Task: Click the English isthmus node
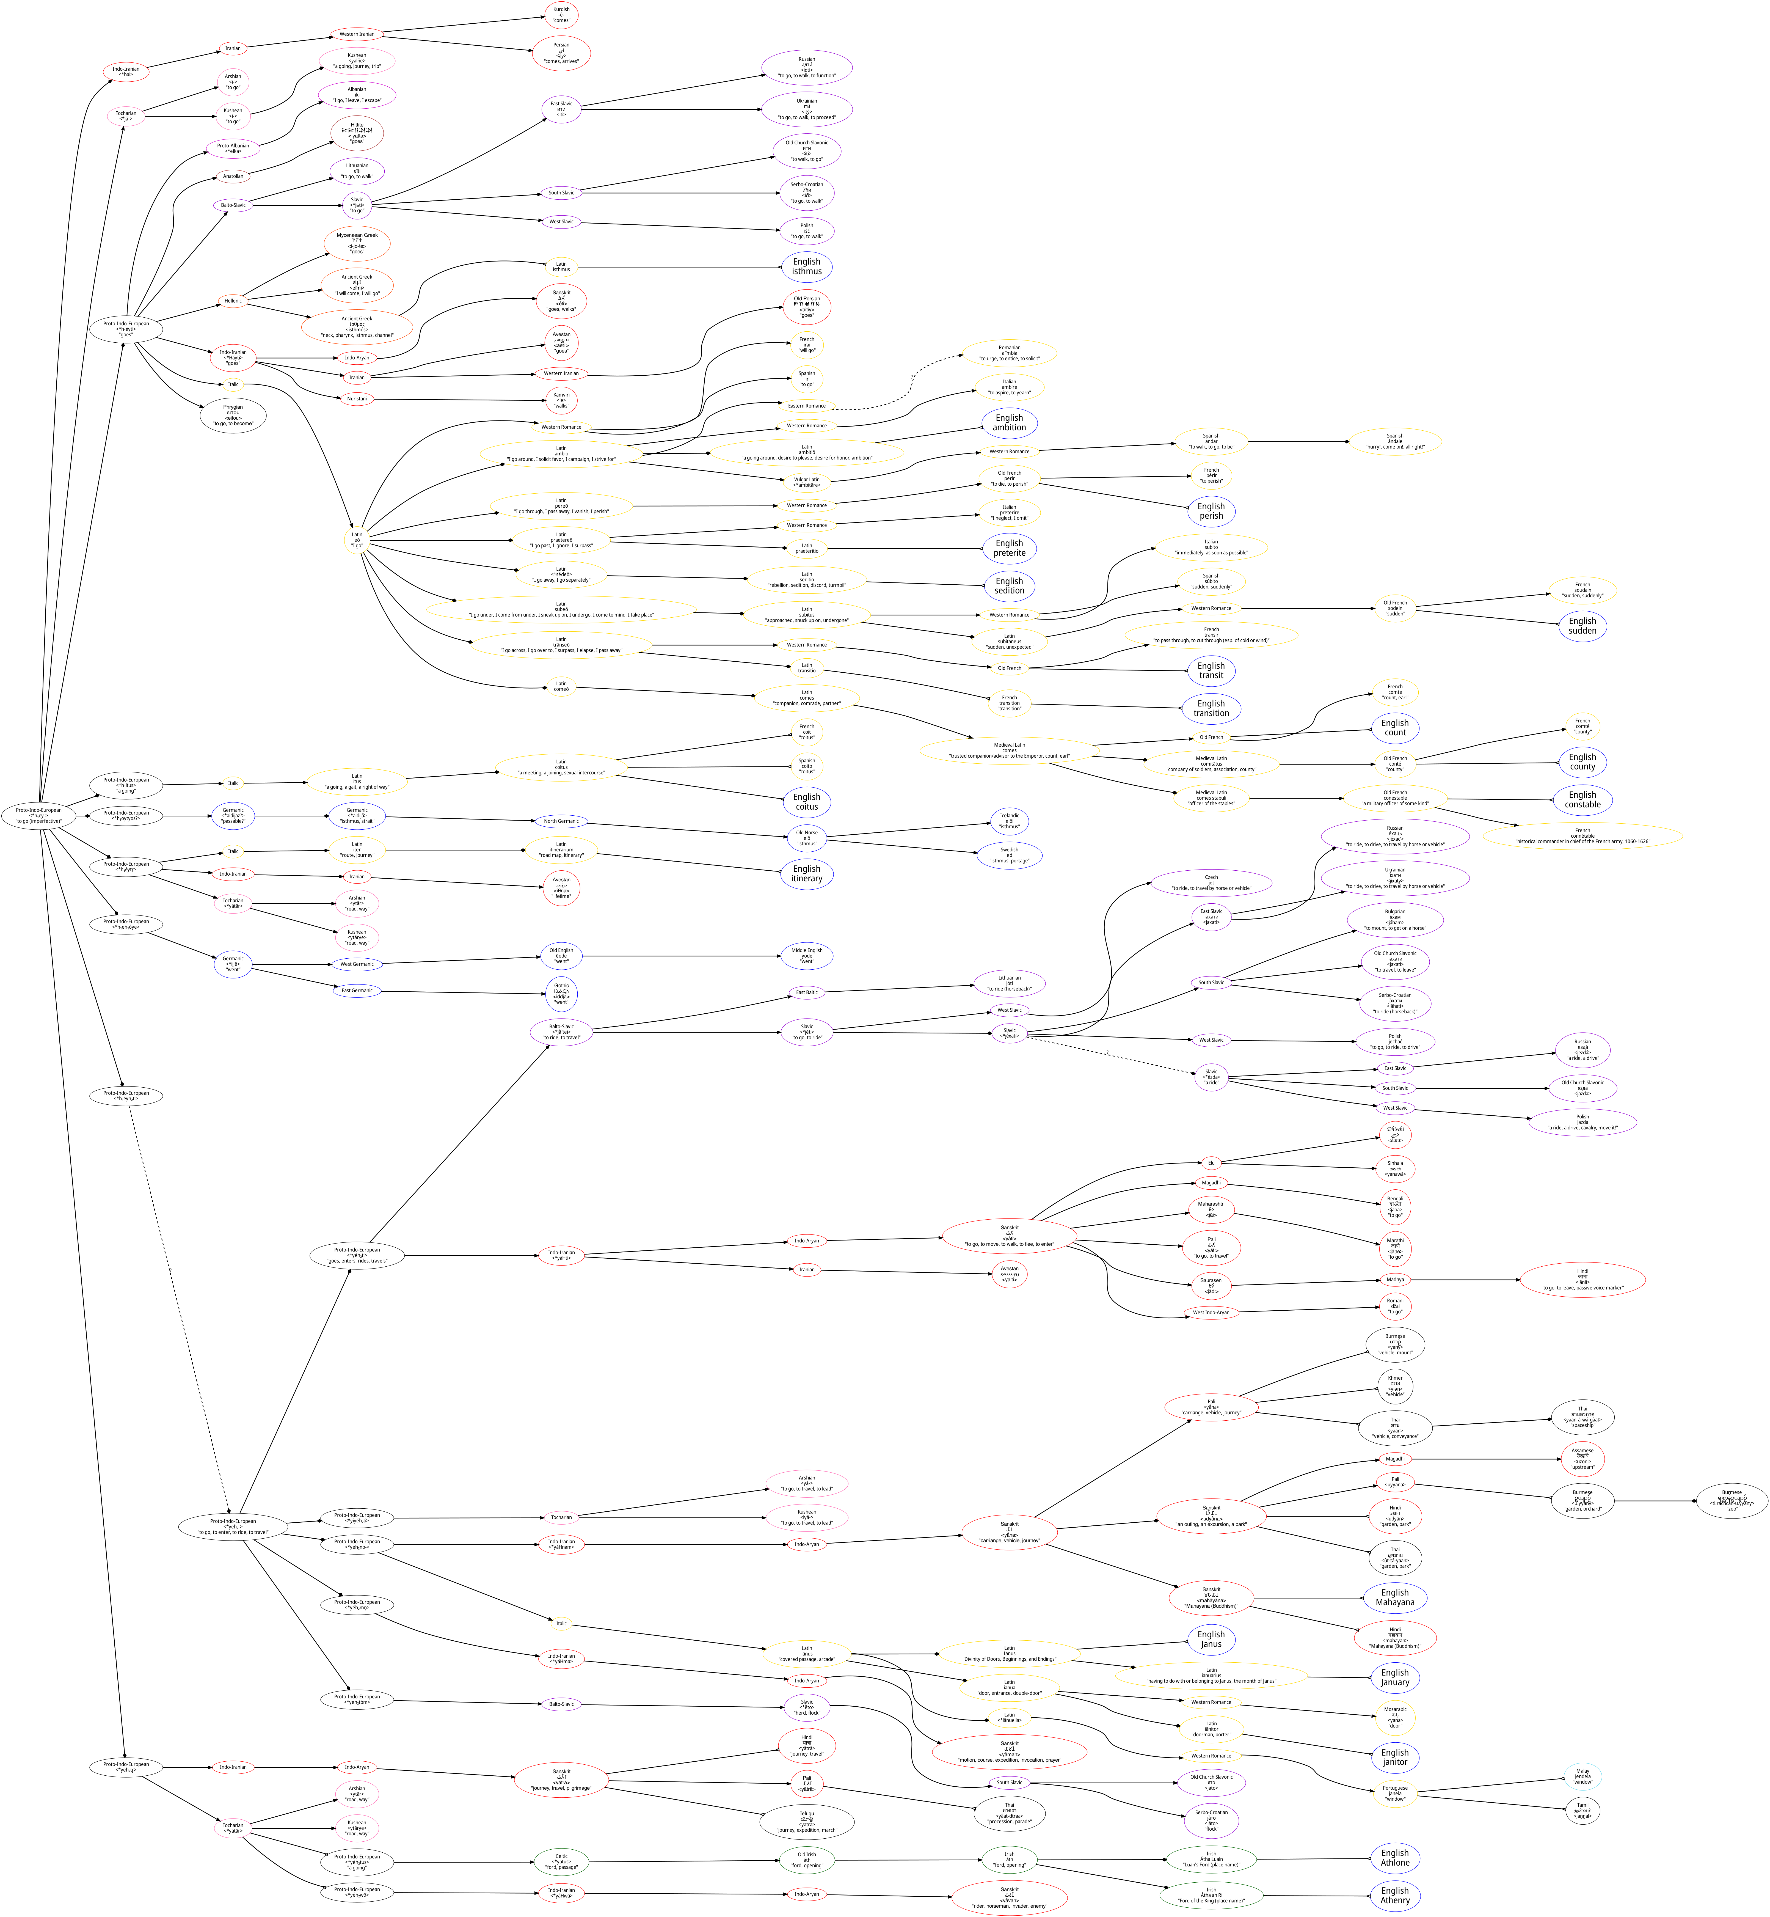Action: tap(806, 266)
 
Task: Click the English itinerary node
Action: tap(806, 874)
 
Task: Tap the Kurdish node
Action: tap(561, 14)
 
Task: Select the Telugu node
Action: tap(806, 1821)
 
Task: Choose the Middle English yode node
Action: tap(806, 955)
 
